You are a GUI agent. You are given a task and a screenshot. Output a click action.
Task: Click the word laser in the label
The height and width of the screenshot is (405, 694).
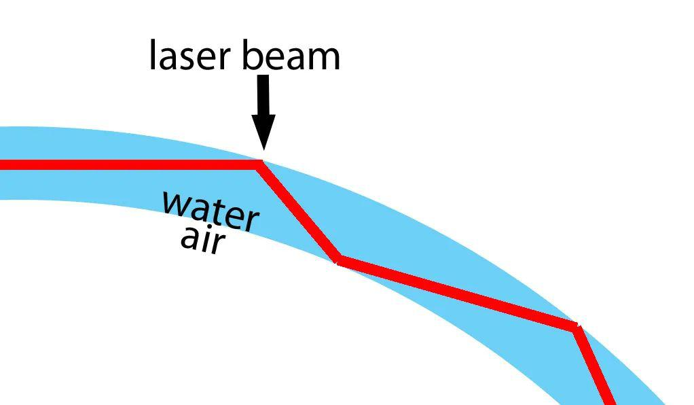click(192, 56)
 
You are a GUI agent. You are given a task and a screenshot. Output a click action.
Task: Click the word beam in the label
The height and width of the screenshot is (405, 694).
click(291, 56)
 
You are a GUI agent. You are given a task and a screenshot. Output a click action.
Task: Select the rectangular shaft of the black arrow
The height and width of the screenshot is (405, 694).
click(263, 95)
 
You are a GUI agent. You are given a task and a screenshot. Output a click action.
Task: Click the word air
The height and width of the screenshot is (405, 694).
click(202, 239)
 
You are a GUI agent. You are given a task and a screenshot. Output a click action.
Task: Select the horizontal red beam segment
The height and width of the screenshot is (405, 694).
click(129, 164)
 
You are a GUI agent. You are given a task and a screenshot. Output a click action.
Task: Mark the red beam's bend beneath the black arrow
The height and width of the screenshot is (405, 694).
click(260, 164)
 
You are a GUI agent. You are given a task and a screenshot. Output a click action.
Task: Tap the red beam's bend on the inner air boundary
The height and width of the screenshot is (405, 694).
click(339, 261)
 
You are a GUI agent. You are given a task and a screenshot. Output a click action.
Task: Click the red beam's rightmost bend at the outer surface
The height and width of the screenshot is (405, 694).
click(577, 328)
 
